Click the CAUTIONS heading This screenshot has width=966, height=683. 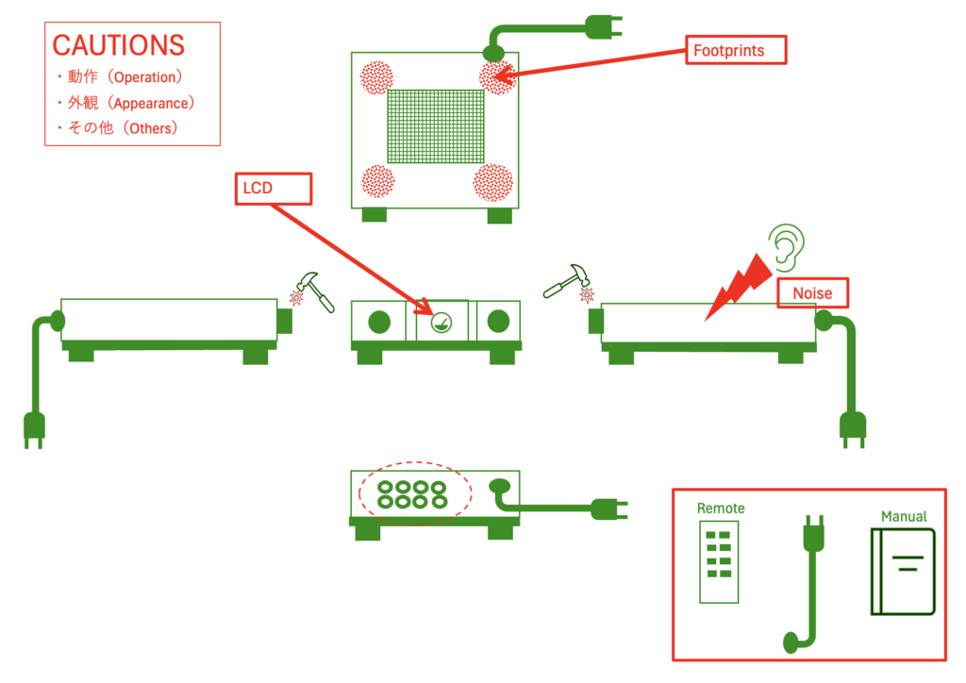coord(118,44)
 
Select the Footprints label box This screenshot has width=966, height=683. coord(736,49)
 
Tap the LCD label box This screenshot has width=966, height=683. coord(272,188)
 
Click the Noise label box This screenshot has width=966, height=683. coord(812,293)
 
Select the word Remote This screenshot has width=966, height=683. coord(721,508)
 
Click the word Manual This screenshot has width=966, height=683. coord(904,516)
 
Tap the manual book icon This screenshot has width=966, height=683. coord(903,572)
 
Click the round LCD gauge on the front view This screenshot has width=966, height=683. coord(441,323)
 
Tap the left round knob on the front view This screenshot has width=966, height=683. coord(379,322)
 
